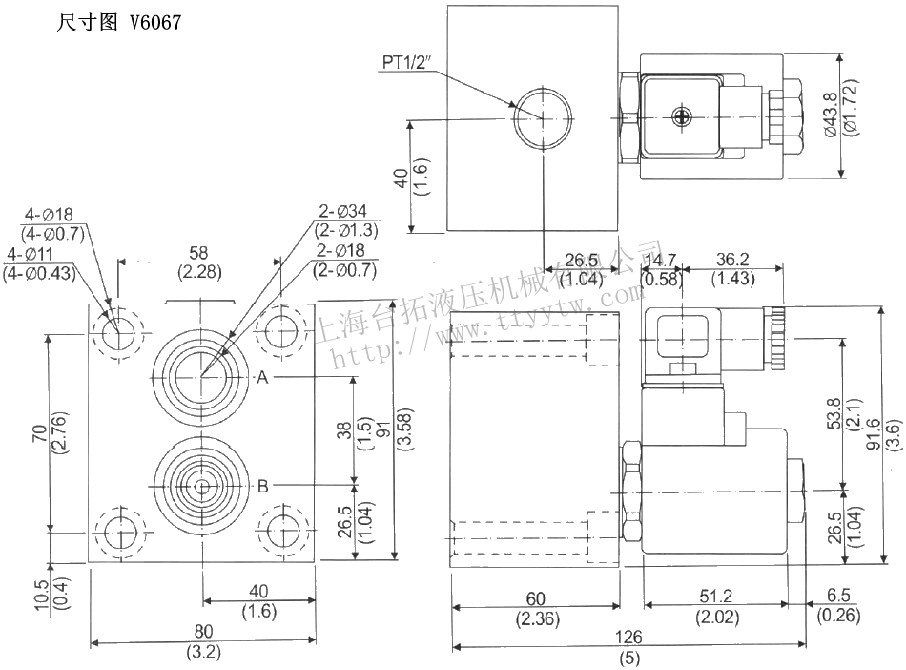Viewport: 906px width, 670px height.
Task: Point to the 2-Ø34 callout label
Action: tap(344, 212)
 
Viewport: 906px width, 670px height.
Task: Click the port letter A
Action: tap(262, 378)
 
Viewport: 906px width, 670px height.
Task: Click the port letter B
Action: tap(262, 486)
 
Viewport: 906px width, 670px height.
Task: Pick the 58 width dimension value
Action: tap(199, 253)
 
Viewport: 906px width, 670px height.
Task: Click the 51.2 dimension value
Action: tap(716, 598)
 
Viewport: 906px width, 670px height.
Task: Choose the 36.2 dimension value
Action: tap(733, 260)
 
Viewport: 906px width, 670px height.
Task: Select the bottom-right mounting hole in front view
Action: tap(283, 531)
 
